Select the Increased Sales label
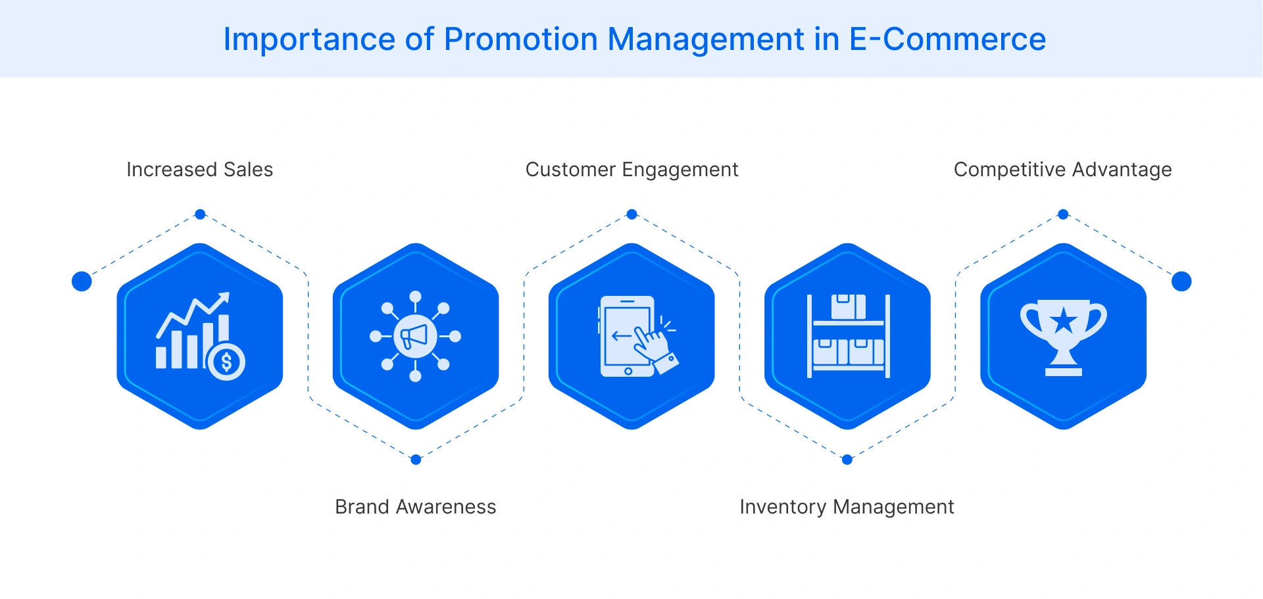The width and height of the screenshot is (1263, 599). click(x=199, y=170)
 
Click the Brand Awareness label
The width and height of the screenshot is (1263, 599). click(x=415, y=507)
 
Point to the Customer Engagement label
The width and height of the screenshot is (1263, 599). click(x=631, y=170)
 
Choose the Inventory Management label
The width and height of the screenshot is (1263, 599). click(x=847, y=507)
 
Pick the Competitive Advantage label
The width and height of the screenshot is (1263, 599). click(x=1062, y=170)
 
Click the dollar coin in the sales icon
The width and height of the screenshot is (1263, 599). click(x=227, y=362)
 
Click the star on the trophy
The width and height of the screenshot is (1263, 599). click(x=1063, y=322)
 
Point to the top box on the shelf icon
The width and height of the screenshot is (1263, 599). click(x=848, y=306)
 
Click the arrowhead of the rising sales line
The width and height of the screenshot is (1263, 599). click(x=224, y=298)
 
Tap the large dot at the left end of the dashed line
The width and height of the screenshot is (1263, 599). click(x=82, y=281)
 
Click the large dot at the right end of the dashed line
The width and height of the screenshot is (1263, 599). click(x=1181, y=281)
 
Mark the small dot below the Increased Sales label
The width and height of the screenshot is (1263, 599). click(x=201, y=214)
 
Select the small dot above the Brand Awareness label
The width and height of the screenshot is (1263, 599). click(x=416, y=460)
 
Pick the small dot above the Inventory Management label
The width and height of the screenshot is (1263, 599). click(x=847, y=460)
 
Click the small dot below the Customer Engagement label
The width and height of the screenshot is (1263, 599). click(x=631, y=214)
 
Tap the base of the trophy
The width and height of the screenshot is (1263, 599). click(x=1063, y=371)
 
